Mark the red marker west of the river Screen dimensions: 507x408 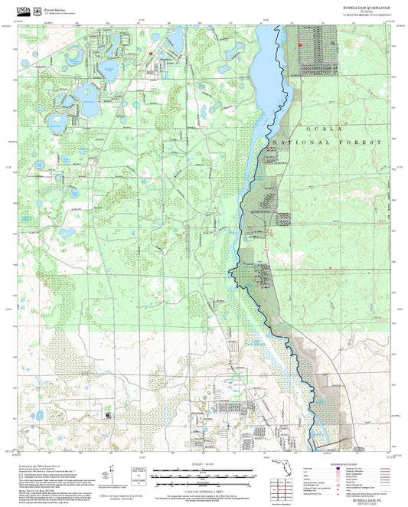(152, 53)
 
